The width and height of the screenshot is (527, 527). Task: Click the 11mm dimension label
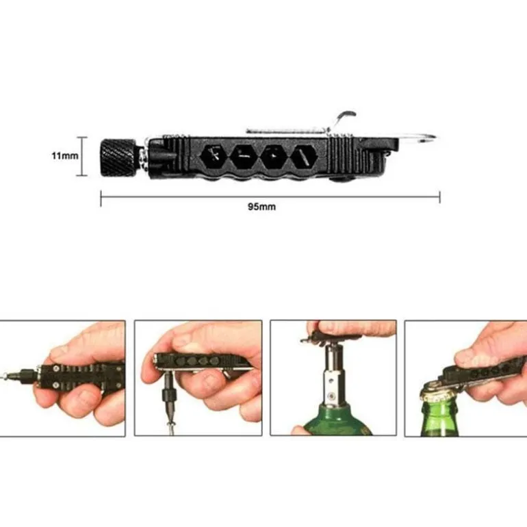click(65, 155)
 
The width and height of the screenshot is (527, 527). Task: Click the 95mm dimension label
click(262, 207)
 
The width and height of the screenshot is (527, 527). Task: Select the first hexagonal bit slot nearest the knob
click(215, 157)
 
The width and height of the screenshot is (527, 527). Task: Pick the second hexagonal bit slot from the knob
click(245, 157)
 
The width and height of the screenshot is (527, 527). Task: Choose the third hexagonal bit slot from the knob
click(274, 157)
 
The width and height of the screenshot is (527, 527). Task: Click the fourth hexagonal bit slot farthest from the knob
click(304, 157)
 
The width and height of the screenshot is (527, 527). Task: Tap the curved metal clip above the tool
click(343, 119)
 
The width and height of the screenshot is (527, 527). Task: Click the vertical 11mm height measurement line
click(81, 156)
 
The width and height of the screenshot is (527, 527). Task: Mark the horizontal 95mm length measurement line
click(270, 197)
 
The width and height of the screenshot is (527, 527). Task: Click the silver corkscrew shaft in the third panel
click(333, 373)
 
